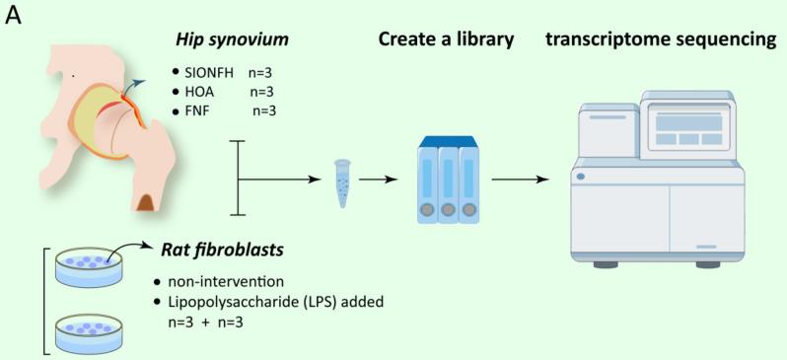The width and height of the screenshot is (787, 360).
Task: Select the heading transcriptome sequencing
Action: [x=664, y=42]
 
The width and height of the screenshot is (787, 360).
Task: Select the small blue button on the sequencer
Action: [x=581, y=177]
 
